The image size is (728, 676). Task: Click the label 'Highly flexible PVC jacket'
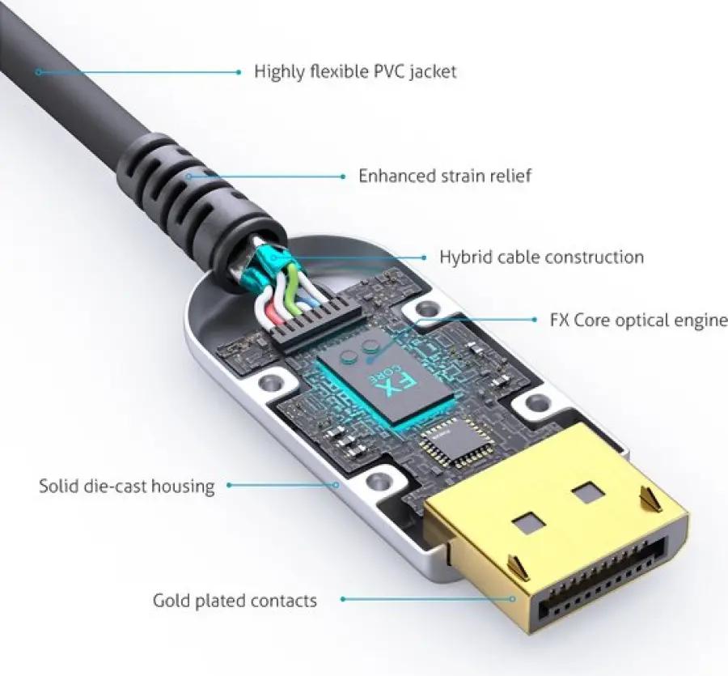click(x=355, y=71)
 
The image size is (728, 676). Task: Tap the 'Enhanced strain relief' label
click(x=445, y=176)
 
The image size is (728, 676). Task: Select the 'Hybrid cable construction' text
click(x=541, y=257)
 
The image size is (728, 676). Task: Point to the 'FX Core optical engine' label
click(x=639, y=320)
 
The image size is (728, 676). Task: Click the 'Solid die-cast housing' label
click(x=127, y=486)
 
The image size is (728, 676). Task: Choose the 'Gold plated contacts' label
click(x=235, y=600)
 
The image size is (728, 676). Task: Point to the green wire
click(x=292, y=288)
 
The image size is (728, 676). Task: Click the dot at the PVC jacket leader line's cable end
click(x=40, y=72)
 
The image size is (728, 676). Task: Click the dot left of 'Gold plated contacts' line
click(x=343, y=599)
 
